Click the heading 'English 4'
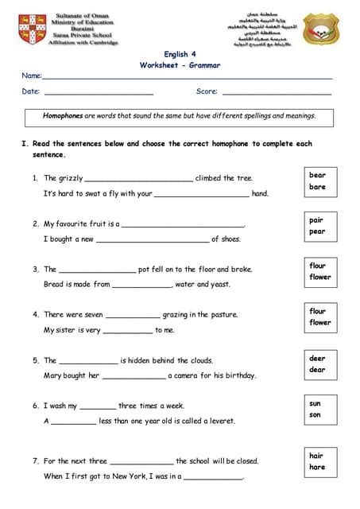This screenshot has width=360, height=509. (x=180, y=54)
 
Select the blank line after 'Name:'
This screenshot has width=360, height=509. (x=187, y=77)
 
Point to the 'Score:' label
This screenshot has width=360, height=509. (x=207, y=91)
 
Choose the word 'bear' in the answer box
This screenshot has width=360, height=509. (x=317, y=175)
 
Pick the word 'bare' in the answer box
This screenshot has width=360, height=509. (x=317, y=187)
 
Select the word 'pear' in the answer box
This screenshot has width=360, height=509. (x=317, y=231)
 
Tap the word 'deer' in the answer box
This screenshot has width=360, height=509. (x=317, y=358)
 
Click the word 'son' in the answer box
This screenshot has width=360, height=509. (x=315, y=414)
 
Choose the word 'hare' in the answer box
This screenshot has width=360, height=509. (x=317, y=467)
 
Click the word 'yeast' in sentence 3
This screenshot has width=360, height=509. (x=220, y=284)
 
